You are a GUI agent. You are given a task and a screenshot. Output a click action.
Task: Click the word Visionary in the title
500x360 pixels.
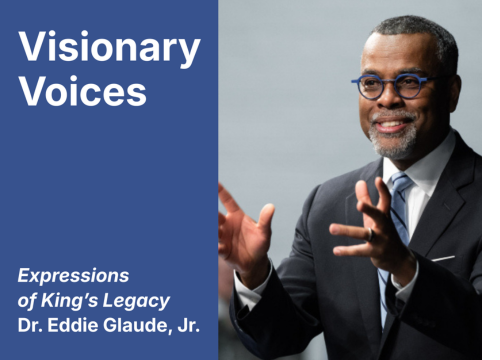coord(109,47)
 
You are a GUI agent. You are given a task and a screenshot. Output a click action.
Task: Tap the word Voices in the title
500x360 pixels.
coord(83,92)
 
